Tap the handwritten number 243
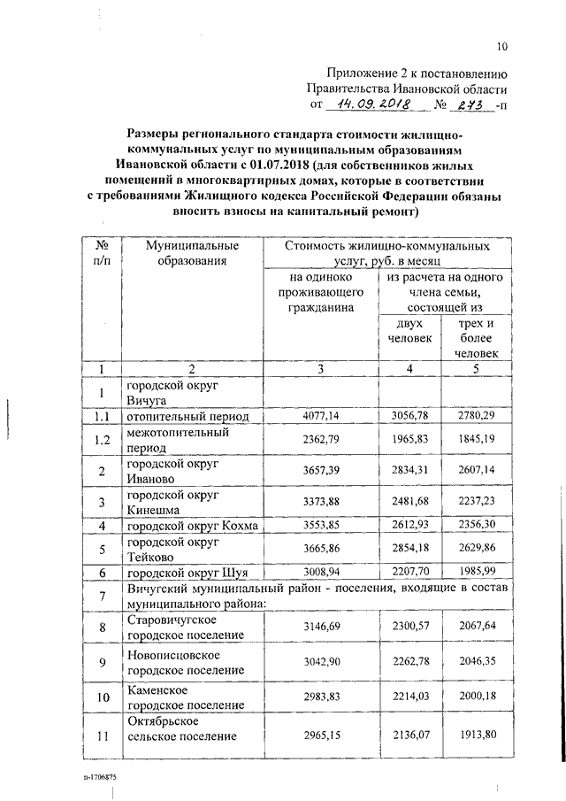click(469, 105)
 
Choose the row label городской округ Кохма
click(192, 526)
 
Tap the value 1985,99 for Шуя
click(476, 573)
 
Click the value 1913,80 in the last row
click(476, 736)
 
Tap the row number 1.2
click(102, 439)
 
